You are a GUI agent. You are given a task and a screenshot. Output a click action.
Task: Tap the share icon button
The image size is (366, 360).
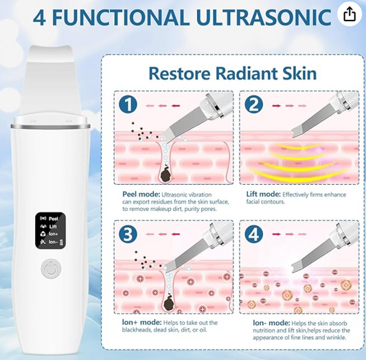tap(350, 14)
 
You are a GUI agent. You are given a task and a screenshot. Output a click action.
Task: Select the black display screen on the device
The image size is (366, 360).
tap(50, 230)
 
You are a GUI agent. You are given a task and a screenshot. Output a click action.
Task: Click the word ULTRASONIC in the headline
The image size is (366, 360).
tap(264, 17)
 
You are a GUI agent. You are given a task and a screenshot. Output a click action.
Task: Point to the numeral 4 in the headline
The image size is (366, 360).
tap(39, 17)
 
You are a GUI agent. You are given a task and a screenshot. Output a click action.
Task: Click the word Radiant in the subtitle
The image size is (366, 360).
tap(246, 74)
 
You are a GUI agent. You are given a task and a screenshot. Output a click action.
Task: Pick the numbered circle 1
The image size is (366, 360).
tap(128, 105)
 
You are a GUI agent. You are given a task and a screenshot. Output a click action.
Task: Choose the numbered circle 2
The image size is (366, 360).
tap(253, 105)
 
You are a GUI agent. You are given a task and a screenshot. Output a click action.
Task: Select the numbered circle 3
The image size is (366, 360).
tap(128, 234)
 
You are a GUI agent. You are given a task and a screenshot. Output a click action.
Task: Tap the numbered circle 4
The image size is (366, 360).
tap(253, 234)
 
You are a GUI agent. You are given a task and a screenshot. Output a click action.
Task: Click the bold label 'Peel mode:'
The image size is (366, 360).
tap(141, 194)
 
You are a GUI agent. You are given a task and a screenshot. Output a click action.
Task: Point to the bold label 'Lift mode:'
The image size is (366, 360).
tap(264, 194)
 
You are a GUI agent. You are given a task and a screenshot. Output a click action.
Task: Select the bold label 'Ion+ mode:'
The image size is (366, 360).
tap(141, 322)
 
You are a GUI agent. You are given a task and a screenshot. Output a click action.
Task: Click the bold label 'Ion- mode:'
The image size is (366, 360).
tap(271, 323)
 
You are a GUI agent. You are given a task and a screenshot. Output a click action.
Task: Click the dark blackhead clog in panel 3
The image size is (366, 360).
tap(169, 303)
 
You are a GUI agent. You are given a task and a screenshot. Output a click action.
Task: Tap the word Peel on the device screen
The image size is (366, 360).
tap(54, 218)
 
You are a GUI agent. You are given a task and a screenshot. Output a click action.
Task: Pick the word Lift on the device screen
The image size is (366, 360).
tap(53, 227)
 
